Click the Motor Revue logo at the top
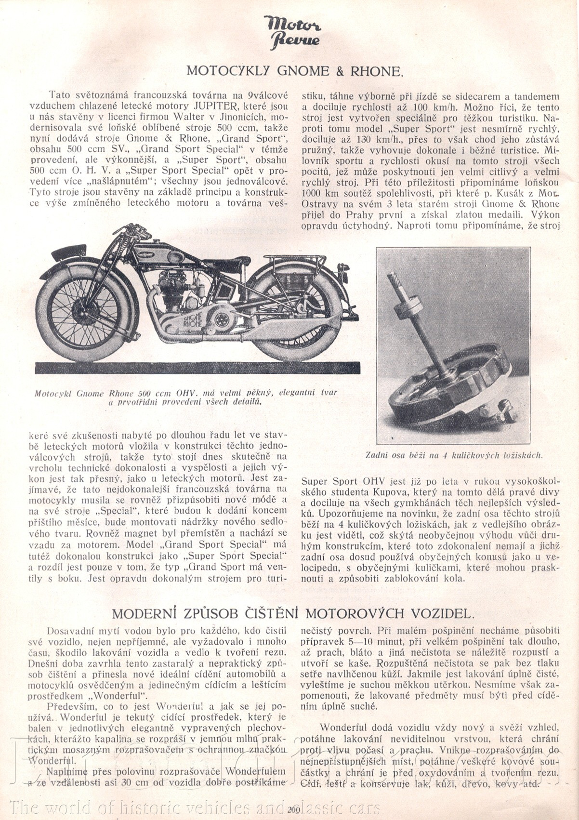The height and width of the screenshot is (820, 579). click(x=292, y=32)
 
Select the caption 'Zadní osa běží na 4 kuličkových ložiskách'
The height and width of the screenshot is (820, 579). click(x=454, y=454)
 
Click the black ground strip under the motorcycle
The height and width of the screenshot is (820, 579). click(x=197, y=368)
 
